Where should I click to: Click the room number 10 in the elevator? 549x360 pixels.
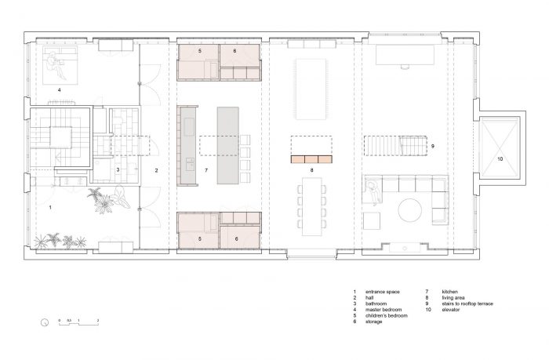coord(500,159)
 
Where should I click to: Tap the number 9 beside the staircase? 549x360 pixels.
coord(433,146)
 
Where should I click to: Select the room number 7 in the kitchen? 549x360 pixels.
coord(206,170)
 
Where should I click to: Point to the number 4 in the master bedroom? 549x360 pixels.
coord(59,90)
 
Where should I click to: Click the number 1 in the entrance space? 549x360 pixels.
coord(50,208)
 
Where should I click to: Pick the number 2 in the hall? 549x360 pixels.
coord(157,170)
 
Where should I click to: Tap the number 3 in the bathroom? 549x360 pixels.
coord(118,170)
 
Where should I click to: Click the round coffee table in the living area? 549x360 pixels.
coord(410,210)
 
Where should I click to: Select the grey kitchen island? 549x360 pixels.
coord(228,146)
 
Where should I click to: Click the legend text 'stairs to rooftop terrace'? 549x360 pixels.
coord(467,304)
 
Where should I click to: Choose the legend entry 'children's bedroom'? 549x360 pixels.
coord(387,315)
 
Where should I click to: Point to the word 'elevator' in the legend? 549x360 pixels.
coord(451,310)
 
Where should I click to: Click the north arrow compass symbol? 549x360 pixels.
coord(45,322)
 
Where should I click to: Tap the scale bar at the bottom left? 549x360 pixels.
coord(78,323)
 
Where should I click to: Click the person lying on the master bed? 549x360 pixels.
coord(56,64)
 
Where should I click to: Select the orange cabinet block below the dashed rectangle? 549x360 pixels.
coord(311,159)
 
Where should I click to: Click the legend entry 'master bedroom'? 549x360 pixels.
coord(384,310)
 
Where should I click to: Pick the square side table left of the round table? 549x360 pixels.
coord(372,221)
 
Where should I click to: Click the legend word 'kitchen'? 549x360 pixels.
coord(450,292)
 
